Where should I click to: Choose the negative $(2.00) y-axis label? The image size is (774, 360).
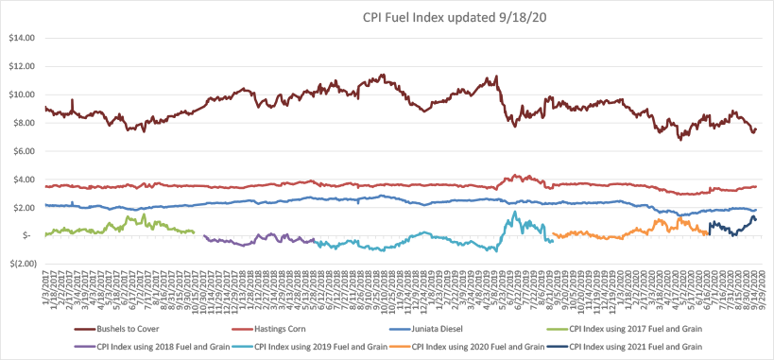pyautogui.click(x=20, y=265)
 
